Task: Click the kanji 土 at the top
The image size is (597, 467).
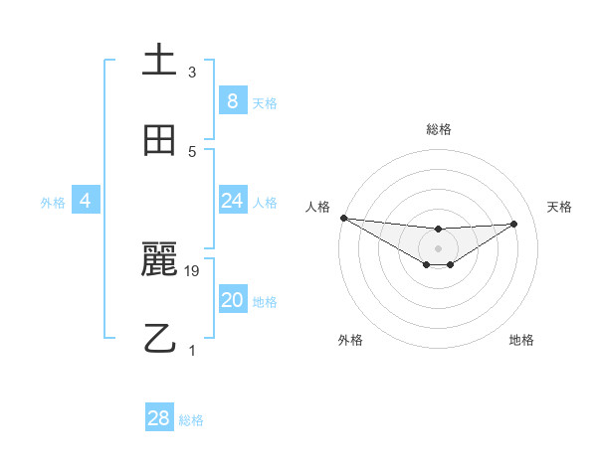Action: [159, 60]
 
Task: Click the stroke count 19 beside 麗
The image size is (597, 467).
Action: [192, 270]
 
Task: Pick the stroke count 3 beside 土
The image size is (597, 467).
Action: [192, 72]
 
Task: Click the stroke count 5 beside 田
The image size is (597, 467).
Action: [192, 151]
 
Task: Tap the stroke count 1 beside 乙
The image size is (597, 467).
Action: [192, 350]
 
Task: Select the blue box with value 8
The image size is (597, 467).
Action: [232, 100]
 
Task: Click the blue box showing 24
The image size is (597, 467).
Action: [232, 201]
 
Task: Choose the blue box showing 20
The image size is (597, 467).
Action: [232, 300]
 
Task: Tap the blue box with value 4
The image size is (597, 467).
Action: [86, 201]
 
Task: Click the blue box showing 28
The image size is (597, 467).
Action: [158, 418]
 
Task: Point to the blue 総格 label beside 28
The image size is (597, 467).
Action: [191, 420]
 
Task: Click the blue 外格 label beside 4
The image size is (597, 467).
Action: [53, 202]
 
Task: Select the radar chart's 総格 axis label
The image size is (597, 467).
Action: [439, 129]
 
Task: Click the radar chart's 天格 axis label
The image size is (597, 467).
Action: [559, 207]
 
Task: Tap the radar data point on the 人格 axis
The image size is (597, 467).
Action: [343, 218]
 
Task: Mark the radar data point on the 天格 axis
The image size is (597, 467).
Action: [513, 224]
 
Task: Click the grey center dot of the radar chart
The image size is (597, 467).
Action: [438, 248]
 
